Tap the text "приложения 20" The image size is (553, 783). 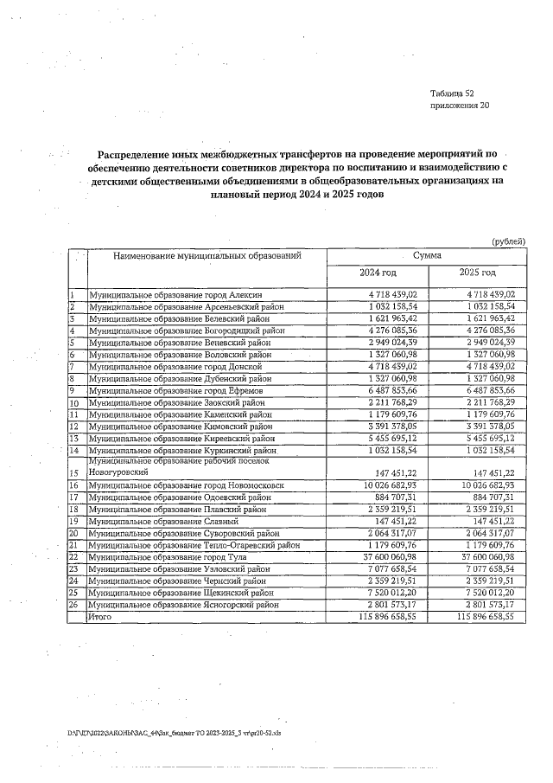(459, 106)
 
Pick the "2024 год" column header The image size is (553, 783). (377, 273)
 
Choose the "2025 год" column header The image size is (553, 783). (477, 273)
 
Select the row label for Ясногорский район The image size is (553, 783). (181, 606)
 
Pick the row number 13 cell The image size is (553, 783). (75, 439)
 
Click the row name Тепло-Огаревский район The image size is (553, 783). (194, 546)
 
